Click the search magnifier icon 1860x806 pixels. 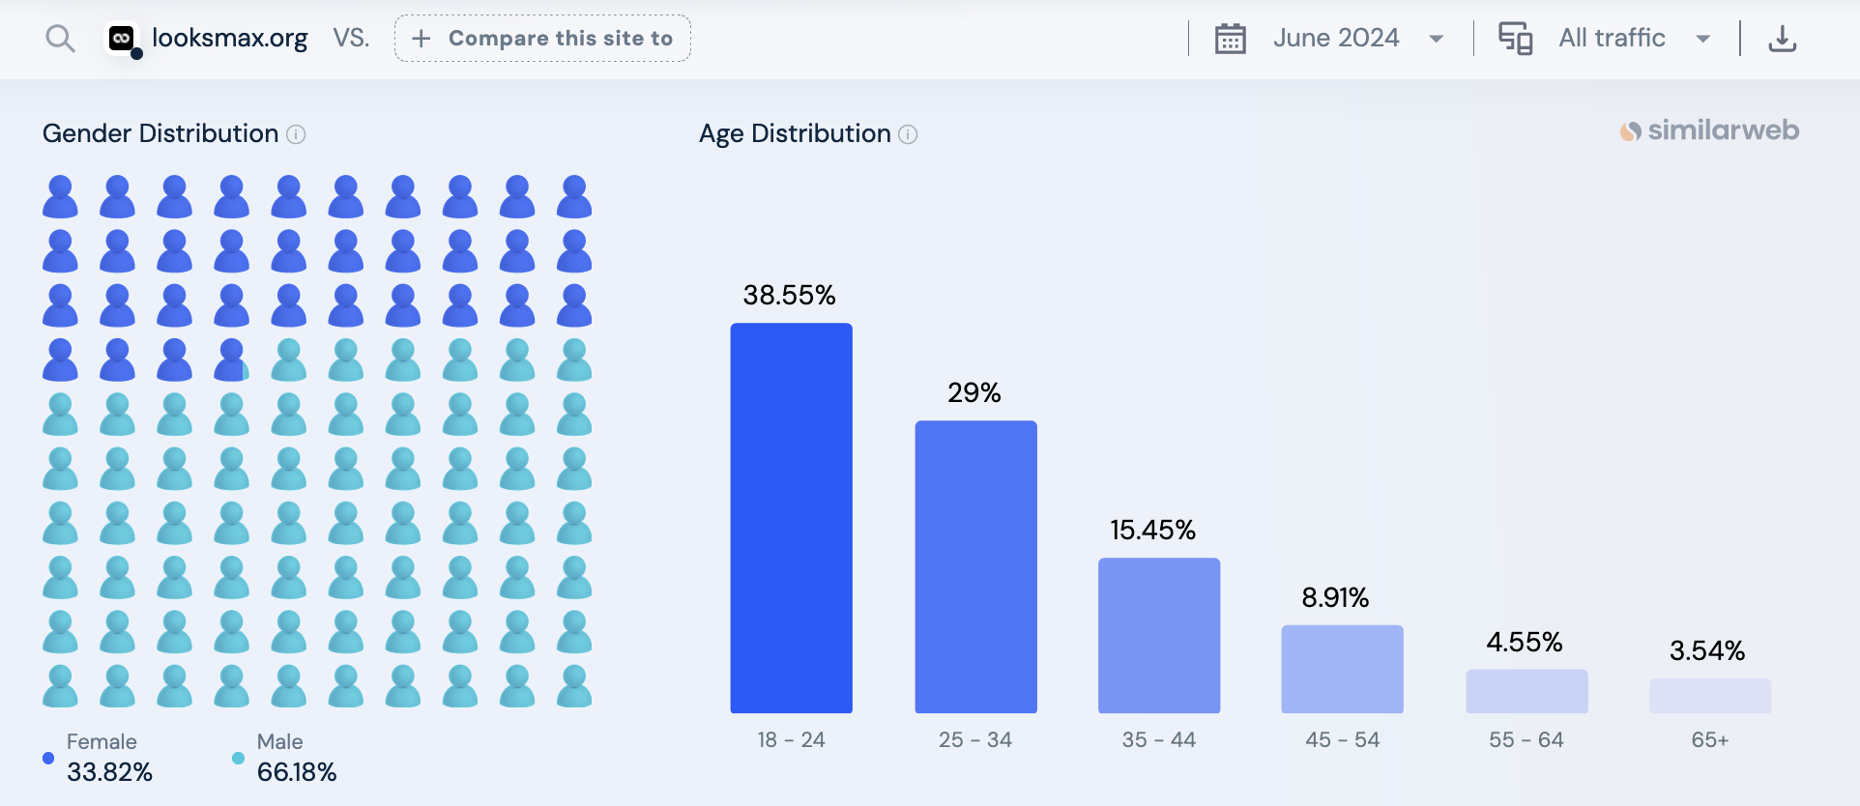coord(60,39)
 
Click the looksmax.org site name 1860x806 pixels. coord(229,39)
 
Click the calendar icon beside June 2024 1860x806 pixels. coord(1230,39)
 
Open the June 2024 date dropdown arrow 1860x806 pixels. coord(1437,39)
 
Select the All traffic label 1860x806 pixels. coord(1612,39)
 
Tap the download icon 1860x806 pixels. coord(1782,39)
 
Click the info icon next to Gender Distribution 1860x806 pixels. coord(297,134)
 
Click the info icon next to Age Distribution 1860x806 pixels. coord(908,134)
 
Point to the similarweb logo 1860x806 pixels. coord(1709,130)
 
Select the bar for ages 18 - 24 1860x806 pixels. coord(791,518)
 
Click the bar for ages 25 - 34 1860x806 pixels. coord(975,566)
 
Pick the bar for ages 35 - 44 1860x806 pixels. coord(1158,635)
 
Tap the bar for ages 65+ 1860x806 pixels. coord(1709,696)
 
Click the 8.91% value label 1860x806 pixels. coord(1335,597)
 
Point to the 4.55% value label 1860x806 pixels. coord(1525,642)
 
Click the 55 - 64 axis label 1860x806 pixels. coord(1526,739)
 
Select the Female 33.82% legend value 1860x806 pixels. coord(109,772)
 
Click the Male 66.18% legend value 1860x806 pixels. coord(297,772)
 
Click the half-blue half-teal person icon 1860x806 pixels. coord(232,360)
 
